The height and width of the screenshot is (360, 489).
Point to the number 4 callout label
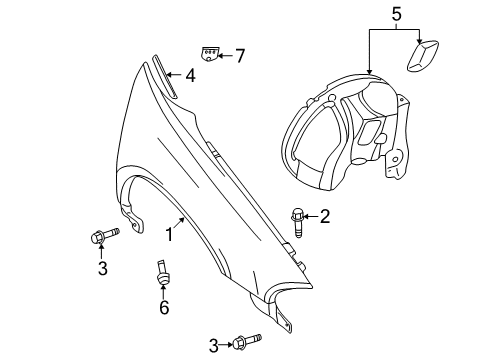coord(189,74)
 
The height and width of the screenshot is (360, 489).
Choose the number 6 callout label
coord(164,308)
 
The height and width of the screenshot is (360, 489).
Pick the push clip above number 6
coord(160,271)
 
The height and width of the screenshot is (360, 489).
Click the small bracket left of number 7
coord(210,54)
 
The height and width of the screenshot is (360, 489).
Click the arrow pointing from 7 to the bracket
coord(227,55)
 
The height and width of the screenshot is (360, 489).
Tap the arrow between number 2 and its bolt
coord(311,215)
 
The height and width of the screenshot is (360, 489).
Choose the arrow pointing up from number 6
coord(163,292)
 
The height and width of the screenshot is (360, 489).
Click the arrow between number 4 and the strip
coord(175,74)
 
